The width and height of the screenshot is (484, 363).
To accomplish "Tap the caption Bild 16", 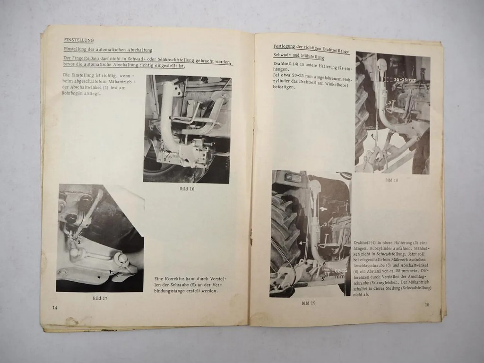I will click(187, 189).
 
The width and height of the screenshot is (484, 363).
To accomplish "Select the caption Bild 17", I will click(100, 298).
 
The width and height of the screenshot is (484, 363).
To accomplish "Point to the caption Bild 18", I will click(391, 180).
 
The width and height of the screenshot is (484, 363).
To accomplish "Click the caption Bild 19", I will click(308, 303).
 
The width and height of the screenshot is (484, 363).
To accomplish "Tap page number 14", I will click(55, 308).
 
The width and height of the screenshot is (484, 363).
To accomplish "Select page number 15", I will click(427, 305).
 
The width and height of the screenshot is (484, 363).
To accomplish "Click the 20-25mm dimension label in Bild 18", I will click(405, 80).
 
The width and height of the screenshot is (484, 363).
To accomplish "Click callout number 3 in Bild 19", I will click(326, 224).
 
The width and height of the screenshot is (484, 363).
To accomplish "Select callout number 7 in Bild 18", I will click(390, 103).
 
